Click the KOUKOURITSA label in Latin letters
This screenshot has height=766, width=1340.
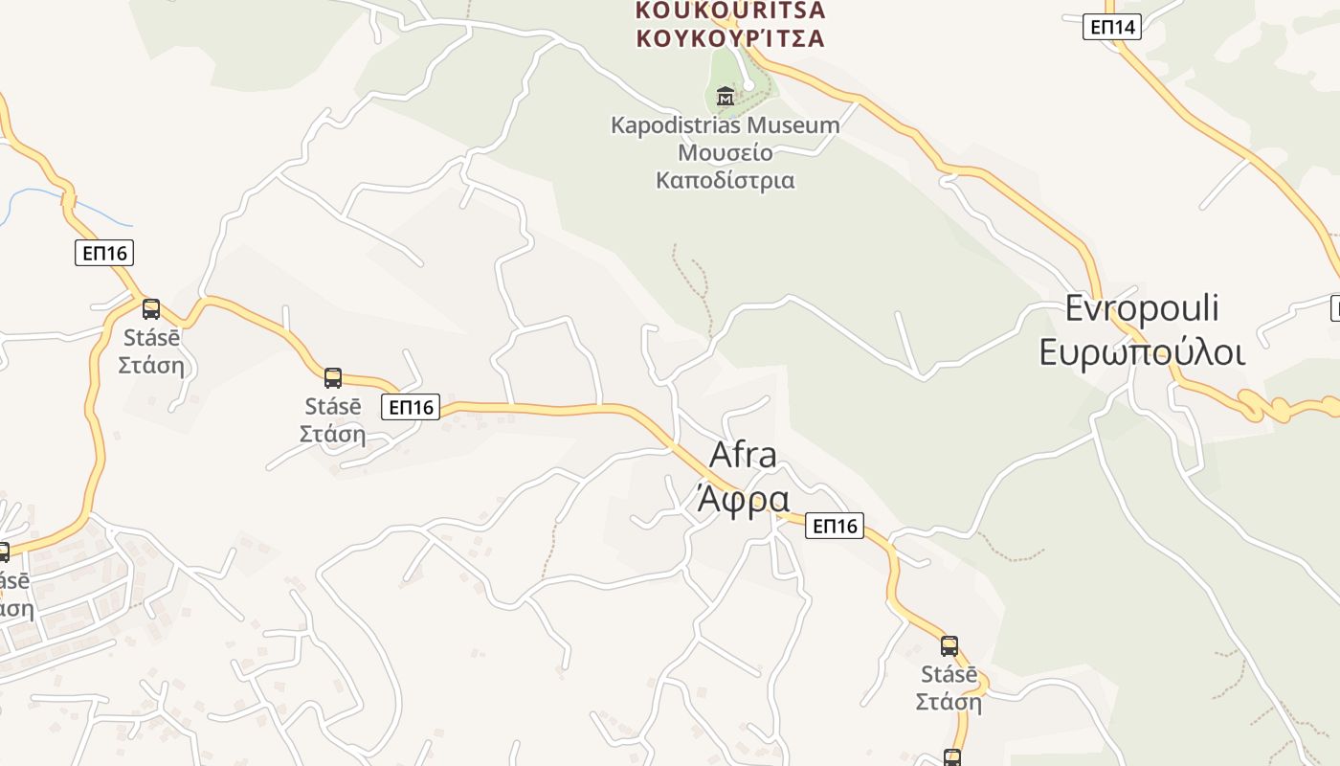coord(729,11)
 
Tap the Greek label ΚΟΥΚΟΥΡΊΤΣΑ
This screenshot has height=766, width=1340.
coord(729,38)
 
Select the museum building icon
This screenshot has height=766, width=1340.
coord(725,96)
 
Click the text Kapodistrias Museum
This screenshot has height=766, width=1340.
coord(726,124)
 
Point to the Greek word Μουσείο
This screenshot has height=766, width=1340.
coord(726,152)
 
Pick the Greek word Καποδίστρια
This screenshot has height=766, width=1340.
coord(726,180)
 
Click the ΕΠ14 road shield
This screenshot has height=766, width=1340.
coord(1111,27)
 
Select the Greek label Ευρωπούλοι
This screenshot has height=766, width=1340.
coord(1142,352)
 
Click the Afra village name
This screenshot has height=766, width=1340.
coord(743,456)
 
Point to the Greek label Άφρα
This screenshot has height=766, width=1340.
coord(743,499)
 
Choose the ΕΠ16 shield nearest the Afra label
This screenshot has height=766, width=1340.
coord(834,525)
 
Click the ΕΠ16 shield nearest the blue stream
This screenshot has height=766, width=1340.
coord(104,253)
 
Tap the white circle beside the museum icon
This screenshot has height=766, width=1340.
coord(748,85)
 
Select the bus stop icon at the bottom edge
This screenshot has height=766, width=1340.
coord(951,757)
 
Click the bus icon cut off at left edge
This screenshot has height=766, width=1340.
coord(3,552)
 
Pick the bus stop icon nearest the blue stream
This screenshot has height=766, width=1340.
coord(151,309)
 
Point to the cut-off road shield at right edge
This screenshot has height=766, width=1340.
coord(1335,308)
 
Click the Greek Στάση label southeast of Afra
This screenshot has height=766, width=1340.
coord(949,702)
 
